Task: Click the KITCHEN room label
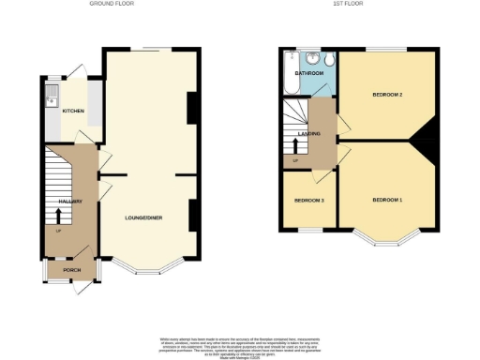(73, 112)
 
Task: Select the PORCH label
(72, 271)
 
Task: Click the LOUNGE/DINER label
(144, 217)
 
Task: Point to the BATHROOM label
(309, 73)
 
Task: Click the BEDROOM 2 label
(387, 95)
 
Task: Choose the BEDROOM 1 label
(387, 201)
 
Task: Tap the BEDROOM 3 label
(308, 201)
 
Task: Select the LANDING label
(309, 134)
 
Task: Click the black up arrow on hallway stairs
(58, 217)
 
